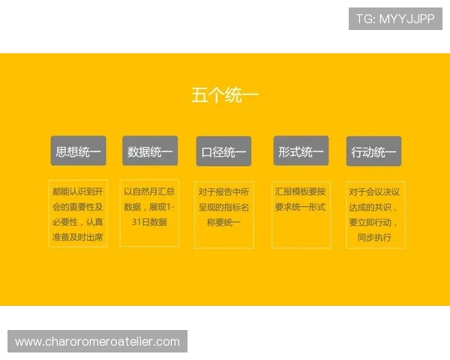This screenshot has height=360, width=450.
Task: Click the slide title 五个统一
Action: pyautogui.click(x=225, y=96)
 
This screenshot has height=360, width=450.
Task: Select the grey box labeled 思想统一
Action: pyautogui.click(x=78, y=151)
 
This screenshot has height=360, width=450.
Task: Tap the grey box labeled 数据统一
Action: pyautogui.click(x=150, y=151)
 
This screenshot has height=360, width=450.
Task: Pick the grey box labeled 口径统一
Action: pyautogui.click(x=223, y=152)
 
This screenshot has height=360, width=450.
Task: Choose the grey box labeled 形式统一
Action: pyautogui.click(x=301, y=151)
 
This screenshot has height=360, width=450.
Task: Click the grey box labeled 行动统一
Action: pyautogui.click(x=373, y=152)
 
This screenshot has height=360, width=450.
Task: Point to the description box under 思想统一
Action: pyautogui.click(x=78, y=213)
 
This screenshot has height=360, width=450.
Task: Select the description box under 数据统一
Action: pyautogui.click(x=150, y=213)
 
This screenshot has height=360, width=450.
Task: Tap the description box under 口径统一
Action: pyautogui.click(x=223, y=214)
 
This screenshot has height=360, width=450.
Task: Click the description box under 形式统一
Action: pyautogui.click(x=301, y=214)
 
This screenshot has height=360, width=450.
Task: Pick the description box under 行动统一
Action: pyautogui.click(x=376, y=214)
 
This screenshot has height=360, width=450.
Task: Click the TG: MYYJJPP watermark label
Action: pyautogui.click(x=395, y=19)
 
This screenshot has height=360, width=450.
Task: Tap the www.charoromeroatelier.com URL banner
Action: pyautogui.click(x=97, y=342)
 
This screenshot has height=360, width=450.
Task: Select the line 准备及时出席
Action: pyautogui.click(x=78, y=237)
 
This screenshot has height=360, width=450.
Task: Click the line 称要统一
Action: pyautogui.click(x=223, y=222)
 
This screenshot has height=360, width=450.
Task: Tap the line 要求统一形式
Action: pyautogui.click(x=300, y=206)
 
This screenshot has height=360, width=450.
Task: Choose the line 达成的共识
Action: pyautogui.click(x=374, y=206)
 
